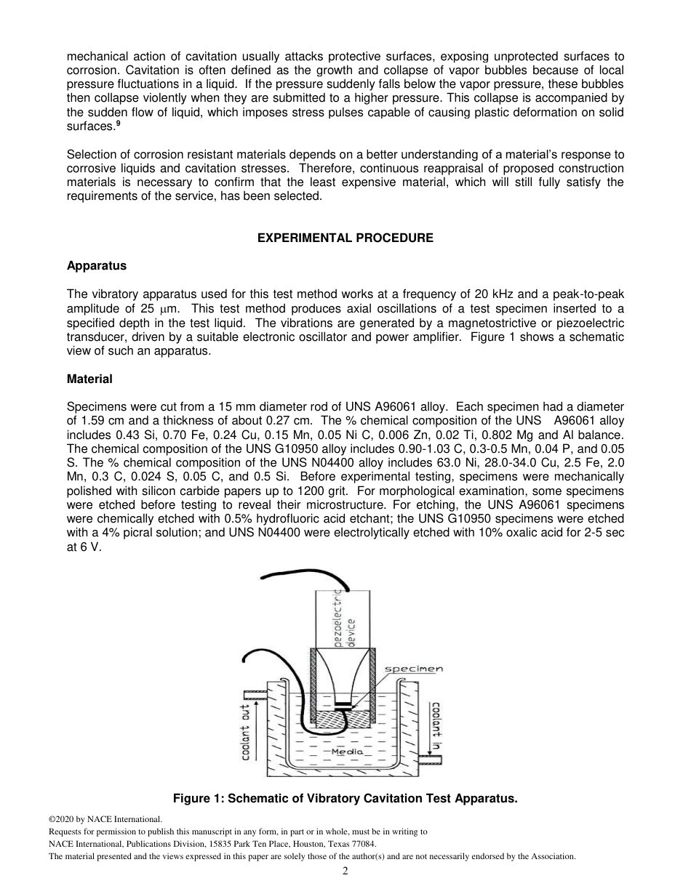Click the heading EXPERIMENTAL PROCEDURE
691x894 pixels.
click(345, 238)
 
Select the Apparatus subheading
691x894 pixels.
click(96, 266)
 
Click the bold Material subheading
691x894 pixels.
click(89, 379)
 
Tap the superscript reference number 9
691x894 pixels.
click(118, 124)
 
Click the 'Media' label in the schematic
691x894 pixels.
click(347, 752)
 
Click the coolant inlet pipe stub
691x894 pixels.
click(434, 759)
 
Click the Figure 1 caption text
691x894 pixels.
click(345, 799)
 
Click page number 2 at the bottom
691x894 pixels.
click(345, 871)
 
